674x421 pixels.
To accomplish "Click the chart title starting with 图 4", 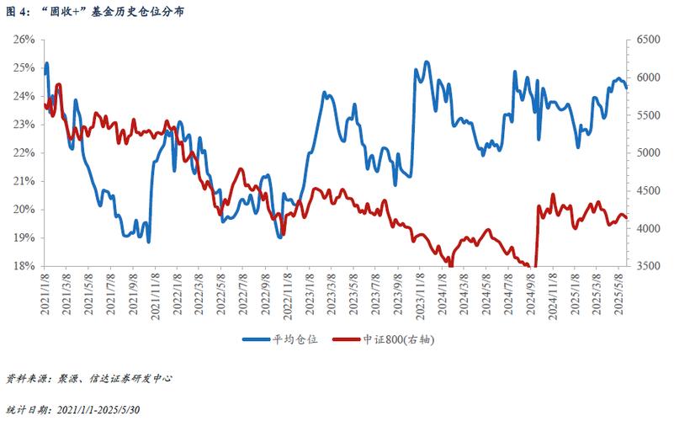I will [96, 12].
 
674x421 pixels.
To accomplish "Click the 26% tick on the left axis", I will [23, 40].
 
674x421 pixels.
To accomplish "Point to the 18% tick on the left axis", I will [23, 266].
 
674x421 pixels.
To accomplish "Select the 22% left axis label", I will [23, 152].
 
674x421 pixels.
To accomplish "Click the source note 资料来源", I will [88, 379].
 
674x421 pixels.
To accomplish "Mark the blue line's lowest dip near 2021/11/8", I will [149, 242].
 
